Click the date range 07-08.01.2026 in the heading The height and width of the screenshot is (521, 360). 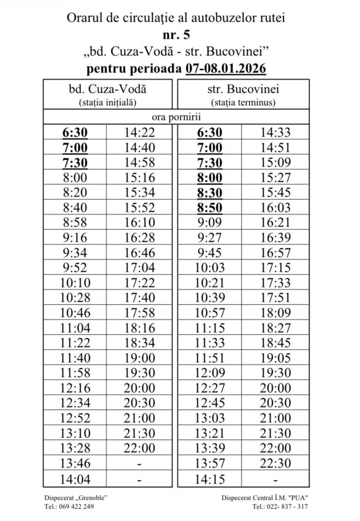point(226,69)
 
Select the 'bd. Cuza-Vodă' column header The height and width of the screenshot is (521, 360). point(108,89)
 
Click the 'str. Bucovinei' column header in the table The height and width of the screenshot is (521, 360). point(243,89)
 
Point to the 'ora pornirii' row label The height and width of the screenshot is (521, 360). point(176,117)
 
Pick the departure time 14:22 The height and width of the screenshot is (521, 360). point(139,133)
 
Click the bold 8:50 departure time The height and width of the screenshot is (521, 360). point(210,208)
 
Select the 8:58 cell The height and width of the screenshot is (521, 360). point(75,222)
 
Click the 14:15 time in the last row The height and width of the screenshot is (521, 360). point(210,479)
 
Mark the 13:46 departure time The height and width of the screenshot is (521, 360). point(75,463)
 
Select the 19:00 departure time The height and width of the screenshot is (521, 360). point(139,358)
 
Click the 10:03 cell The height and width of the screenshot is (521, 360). point(210,268)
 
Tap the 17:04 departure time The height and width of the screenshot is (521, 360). point(139,268)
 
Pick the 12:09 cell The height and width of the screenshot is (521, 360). point(210,373)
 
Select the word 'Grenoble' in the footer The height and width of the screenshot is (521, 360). point(90,497)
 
